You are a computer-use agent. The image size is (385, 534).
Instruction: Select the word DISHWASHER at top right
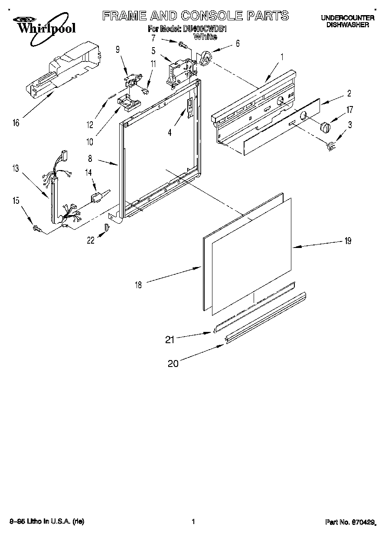point(347,25)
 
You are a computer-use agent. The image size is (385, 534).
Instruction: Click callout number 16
point(16,123)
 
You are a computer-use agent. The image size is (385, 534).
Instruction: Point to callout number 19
point(348,241)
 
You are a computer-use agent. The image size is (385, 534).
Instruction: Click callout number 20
point(173,364)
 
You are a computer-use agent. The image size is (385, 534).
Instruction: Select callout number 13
point(16,169)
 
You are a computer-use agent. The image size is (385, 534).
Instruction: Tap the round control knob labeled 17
point(325,128)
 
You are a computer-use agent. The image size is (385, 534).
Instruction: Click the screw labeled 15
point(37,228)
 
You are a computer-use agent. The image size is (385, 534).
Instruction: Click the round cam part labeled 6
point(205,58)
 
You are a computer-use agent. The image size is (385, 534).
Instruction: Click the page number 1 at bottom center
point(193,522)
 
